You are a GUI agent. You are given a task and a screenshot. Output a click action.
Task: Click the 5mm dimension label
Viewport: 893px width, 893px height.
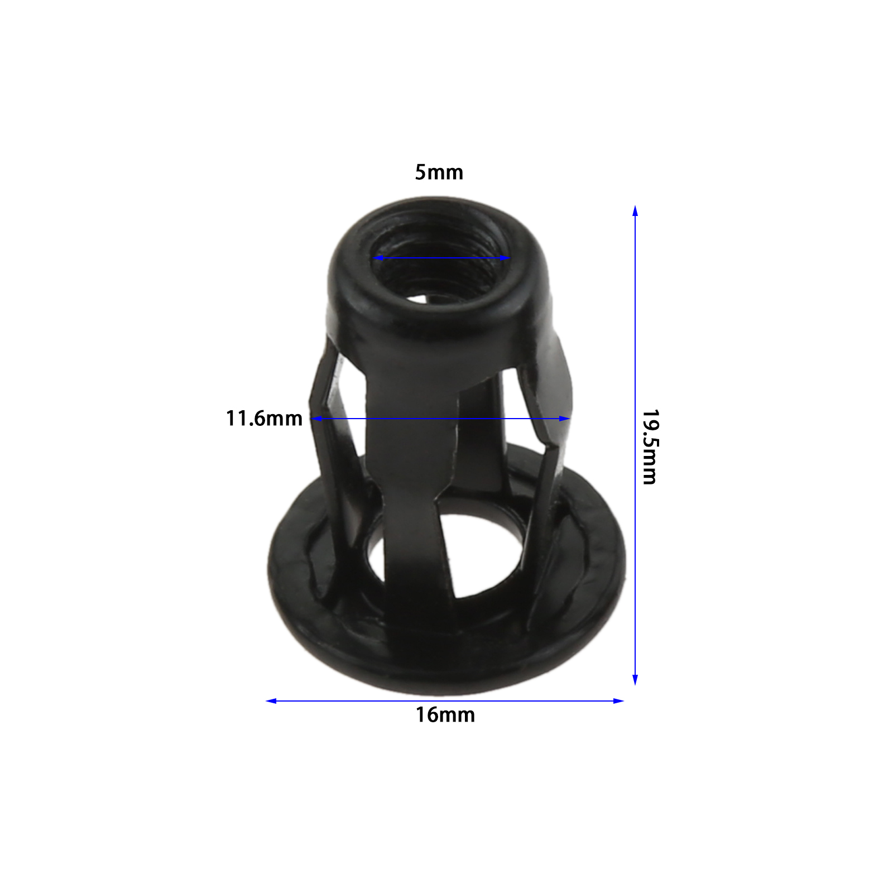tap(439, 172)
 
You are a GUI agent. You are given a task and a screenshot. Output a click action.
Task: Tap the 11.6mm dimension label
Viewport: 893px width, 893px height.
tap(264, 419)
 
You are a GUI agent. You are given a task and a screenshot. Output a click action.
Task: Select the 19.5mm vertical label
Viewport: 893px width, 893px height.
tap(650, 447)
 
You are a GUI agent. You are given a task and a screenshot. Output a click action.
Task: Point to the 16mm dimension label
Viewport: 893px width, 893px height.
tap(445, 715)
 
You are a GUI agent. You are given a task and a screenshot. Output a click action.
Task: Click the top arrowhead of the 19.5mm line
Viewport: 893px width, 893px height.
tap(635, 210)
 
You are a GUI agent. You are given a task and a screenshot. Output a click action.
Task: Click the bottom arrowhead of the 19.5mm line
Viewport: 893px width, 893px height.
tap(635, 679)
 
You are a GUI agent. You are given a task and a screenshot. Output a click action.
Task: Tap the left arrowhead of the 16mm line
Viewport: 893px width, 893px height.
tap(271, 701)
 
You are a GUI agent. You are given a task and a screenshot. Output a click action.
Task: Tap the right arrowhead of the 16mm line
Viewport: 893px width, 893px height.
tap(618, 701)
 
